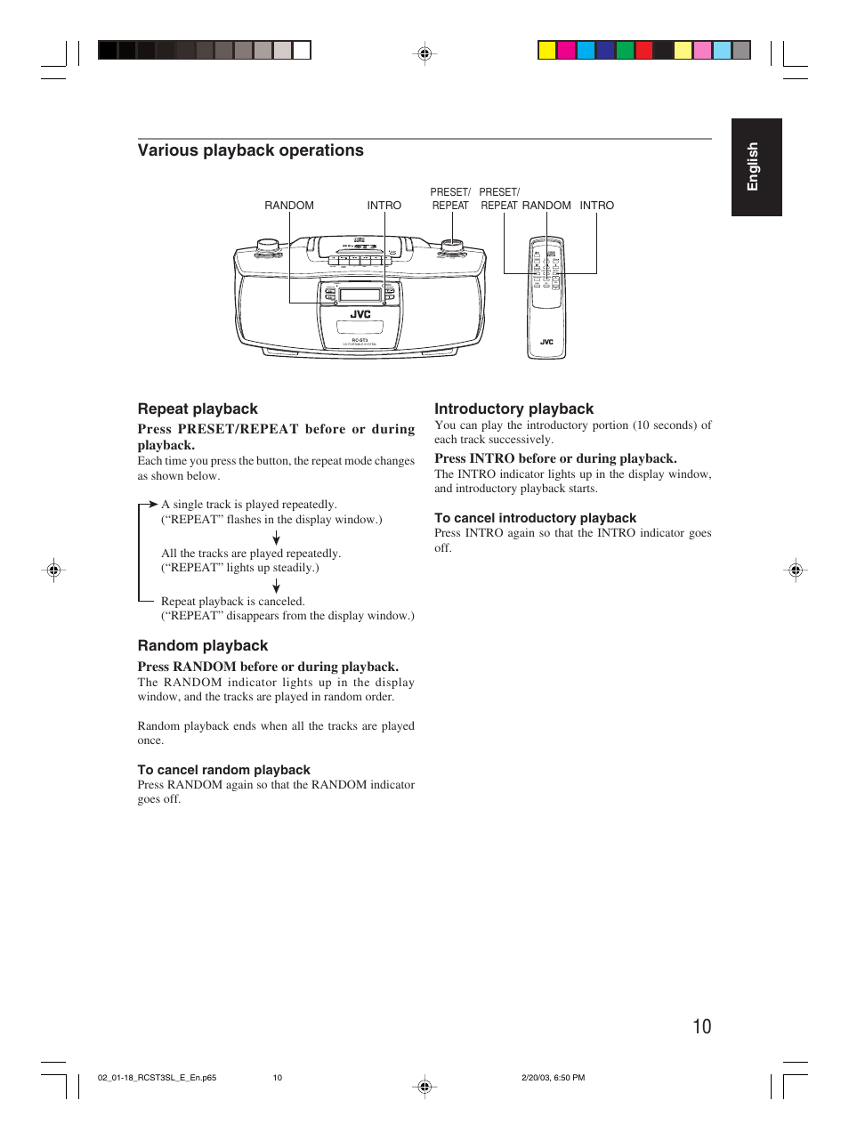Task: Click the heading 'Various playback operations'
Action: click(250, 150)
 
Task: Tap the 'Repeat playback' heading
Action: click(198, 409)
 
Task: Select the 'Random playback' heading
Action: click(202, 645)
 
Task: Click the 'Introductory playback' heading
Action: click(513, 409)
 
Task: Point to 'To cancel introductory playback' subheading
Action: click(535, 518)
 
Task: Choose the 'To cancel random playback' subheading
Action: click(223, 770)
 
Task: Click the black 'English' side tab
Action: click(756, 167)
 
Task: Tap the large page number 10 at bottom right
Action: click(701, 1026)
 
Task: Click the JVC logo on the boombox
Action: click(360, 314)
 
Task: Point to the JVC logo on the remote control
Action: click(546, 342)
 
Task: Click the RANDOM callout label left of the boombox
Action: click(289, 206)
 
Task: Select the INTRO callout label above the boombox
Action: click(384, 206)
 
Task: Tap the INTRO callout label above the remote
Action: click(596, 206)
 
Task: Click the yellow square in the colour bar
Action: click(546, 51)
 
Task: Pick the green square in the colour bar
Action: click(625, 51)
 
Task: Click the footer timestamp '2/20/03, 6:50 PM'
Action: click(553, 1078)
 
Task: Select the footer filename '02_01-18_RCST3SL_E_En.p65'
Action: click(157, 1078)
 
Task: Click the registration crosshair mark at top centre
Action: click(424, 53)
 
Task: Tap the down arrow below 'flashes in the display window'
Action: click(276, 538)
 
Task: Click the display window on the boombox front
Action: click(360, 295)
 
